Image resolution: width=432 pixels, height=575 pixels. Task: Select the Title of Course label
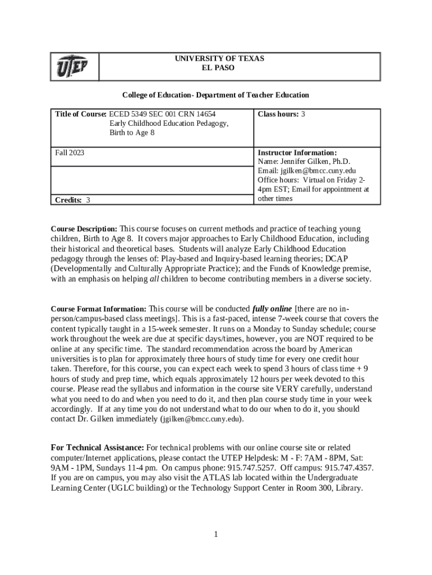pyautogui.click(x=80, y=114)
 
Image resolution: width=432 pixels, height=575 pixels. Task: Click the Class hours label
pyautogui.click(x=278, y=114)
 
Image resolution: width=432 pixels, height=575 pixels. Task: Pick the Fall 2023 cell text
pyautogui.click(x=70, y=152)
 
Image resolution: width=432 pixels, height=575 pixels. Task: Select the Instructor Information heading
pyautogui.click(x=297, y=152)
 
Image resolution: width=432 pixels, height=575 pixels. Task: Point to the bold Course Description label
pyautogui.click(x=84, y=229)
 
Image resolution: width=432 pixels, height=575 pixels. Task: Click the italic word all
pyautogui.click(x=155, y=279)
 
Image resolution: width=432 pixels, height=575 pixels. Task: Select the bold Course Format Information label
pyautogui.click(x=99, y=309)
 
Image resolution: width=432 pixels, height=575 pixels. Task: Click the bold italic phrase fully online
pyautogui.click(x=272, y=309)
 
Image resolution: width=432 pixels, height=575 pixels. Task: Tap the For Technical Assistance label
pyautogui.click(x=97, y=448)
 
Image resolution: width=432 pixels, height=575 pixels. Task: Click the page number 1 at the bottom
pyautogui.click(x=215, y=534)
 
